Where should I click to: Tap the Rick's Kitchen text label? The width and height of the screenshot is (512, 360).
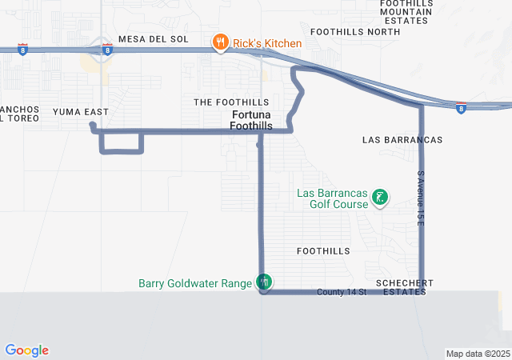pyautogui.click(x=267, y=43)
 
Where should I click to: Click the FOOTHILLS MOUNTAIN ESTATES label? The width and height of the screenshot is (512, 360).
pyautogui.click(x=406, y=12)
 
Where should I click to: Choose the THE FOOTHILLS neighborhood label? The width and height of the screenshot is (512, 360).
pyautogui.click(x=231, y=102)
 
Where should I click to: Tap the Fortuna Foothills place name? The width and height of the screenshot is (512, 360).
pyautogui.click(x=251, y=121)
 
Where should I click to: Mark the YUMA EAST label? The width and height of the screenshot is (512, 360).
pyautogui.click(x=80, y=111)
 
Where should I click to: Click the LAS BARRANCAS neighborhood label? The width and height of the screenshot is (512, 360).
pyautogui.click(x=402, y=140)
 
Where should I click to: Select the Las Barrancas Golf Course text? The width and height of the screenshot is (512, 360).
pyautogui.click(x=332, y=198)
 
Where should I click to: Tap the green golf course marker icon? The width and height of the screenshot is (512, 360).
pyautogui.click(x=380, y=197)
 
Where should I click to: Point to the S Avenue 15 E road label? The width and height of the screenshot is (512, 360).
pyautogui.click(x=419, y=197)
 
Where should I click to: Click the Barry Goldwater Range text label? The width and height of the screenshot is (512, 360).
pyautogui.click(x=195, y=282)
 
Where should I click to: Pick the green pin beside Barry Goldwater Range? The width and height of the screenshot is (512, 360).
pyautogui.click(x=264, y=281)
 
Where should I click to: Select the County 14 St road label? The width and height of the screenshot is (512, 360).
pyautogui.click(x=341, y=292)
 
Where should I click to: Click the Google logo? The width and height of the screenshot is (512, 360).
pyautogui.click(x=26, y=350)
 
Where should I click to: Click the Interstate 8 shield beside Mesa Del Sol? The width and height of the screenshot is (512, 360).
pyautogui.click(x=106, y=50)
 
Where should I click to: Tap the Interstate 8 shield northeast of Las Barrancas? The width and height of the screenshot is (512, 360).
pyautogui.click(x=461, y=106)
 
